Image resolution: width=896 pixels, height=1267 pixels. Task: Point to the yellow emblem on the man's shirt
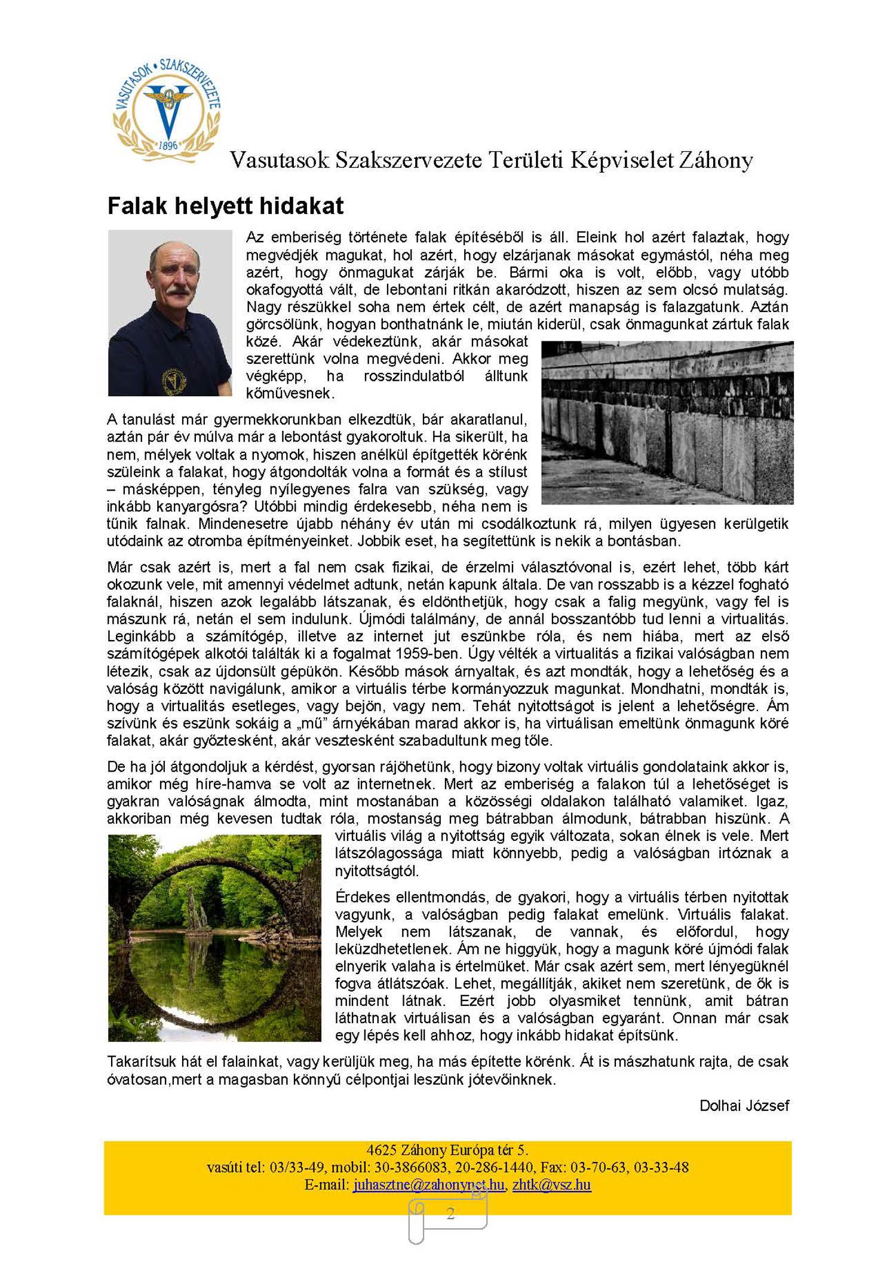click(174, 380)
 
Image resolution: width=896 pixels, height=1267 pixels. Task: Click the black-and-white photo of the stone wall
click(667, 422)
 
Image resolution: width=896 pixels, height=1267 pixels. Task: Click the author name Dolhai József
click(744, 1106)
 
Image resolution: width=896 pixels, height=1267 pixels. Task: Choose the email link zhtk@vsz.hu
click(551, 1185)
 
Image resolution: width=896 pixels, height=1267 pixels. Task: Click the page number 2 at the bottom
click(450, 1213)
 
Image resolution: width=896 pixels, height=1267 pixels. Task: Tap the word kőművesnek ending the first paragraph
click(290, 393)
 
